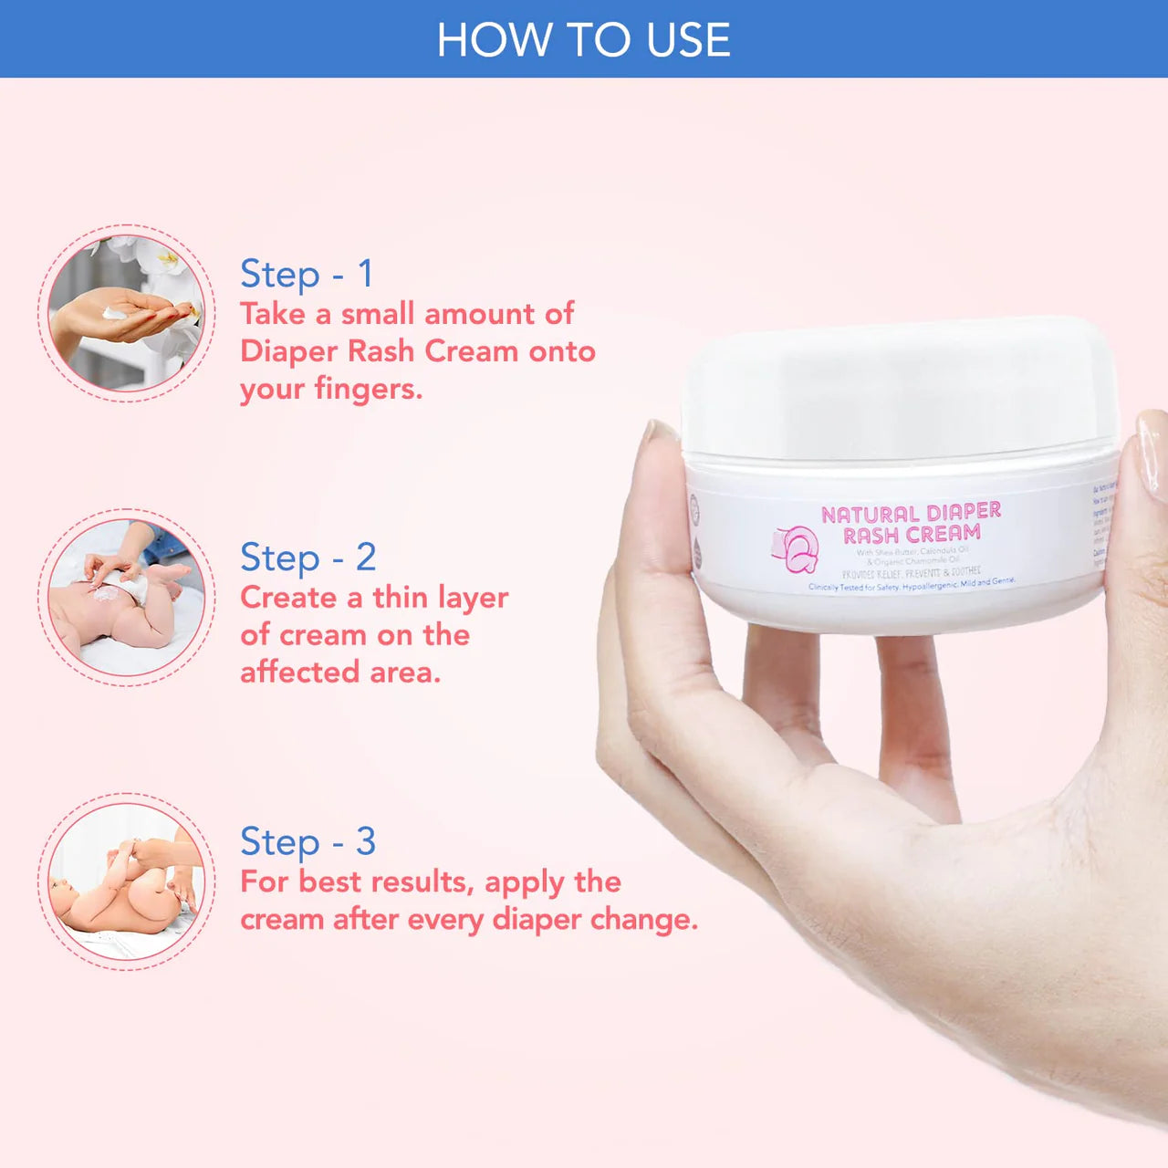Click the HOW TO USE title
click(x=583, y=40)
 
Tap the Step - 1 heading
click(x=307, y=274)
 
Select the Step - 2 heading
click(x=308, y=558)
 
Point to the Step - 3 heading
click(x=308, y=841)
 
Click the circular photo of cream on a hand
click(x=126, y=313)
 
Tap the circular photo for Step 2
click(x=126, y=597)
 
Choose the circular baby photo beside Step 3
click(x=126, y=881)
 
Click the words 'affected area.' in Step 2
click(x=340, y=673)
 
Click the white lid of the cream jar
click(x=899, y=388)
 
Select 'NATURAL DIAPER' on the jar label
click(x=911, y=514)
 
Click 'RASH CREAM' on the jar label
click(x=912, y=535)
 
